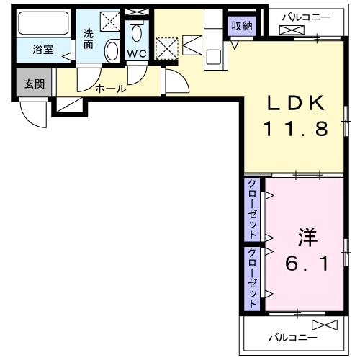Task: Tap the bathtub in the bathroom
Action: point(42,24)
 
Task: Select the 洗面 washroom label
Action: point(88,37)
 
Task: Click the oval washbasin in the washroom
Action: point(112,51)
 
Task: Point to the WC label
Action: point(137,53)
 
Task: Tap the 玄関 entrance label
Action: point(34,84)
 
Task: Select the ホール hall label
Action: point(110,89)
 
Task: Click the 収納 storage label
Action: point(242,26)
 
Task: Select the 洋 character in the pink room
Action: point(307,236)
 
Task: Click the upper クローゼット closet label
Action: point(253,209)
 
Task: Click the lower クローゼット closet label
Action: point(253,278)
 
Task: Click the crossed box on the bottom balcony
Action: point(323,325)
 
